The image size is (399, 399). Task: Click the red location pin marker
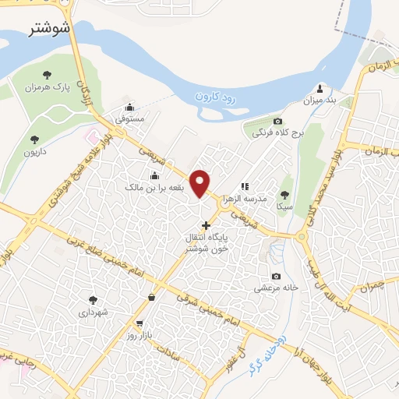point(201,183)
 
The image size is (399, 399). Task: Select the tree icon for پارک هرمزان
point(48,75)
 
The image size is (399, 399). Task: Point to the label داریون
point(34,152)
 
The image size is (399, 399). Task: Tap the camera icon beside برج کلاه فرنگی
point(278,120)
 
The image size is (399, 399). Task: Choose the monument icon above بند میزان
point(320,87)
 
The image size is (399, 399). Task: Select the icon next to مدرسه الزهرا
point(245,186)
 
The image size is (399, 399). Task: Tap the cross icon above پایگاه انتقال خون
point(206,225)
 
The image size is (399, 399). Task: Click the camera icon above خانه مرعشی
point(276,276)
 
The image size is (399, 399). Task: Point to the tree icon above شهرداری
point(94,299)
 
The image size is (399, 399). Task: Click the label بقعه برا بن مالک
point(154,188)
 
